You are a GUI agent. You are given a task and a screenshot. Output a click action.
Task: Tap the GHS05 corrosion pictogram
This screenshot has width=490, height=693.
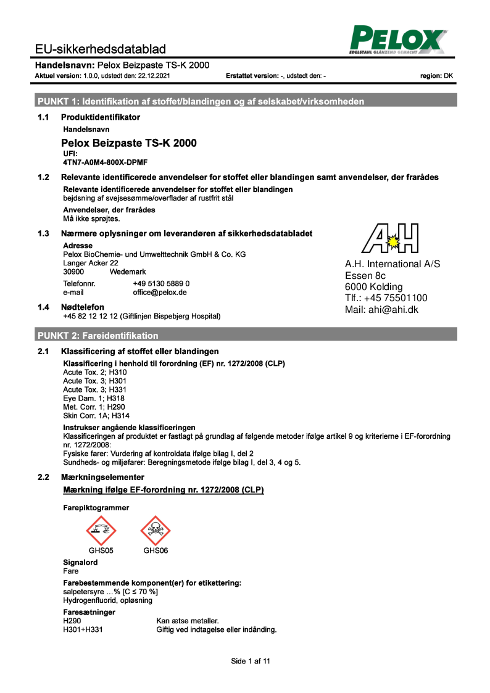(x=101, y=530)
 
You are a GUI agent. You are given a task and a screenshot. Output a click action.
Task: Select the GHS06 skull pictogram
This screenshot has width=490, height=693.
(x=156, y=530)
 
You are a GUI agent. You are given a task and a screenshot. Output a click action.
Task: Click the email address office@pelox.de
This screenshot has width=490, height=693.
(x=160, y=293)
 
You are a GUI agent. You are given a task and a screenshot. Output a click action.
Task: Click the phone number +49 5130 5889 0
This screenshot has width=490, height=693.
(x=161, y=283)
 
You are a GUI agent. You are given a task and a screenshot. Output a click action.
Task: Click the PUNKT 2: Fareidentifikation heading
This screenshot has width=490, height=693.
(x=98, y=336)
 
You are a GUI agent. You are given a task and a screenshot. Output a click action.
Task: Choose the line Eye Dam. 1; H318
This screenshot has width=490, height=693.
(x=89, y=399)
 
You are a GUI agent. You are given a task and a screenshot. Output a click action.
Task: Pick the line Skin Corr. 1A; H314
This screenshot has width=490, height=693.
(x=93, y=416)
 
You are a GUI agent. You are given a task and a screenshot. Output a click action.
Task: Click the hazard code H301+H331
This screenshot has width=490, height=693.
(x=81, y=630)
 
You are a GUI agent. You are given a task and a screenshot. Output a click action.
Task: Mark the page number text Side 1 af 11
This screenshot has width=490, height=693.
(x=251, y=661)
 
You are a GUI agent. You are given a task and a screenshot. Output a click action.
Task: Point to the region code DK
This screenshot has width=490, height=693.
(x=449, y=76)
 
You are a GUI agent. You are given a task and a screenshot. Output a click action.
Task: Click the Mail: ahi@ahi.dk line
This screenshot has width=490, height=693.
(x=381, y=309)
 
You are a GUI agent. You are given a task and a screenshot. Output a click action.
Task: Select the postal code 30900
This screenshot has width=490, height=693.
(x=74, y=272)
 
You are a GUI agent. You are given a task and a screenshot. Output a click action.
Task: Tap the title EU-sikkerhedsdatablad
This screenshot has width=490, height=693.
(x=100, y=49)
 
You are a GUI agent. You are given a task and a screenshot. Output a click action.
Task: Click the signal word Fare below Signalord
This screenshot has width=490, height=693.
(x=71, y=571)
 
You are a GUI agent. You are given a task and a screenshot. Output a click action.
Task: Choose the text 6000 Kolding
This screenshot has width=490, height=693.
(x=373, y=286)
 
